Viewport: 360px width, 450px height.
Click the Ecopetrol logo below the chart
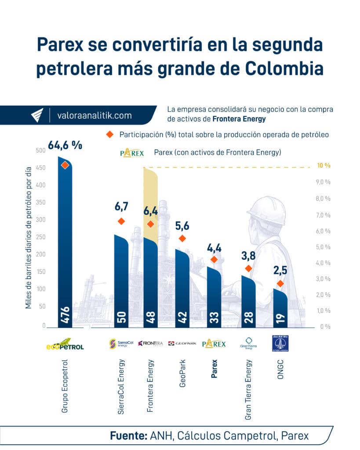point(65,345)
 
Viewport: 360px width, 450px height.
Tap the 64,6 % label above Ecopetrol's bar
point(65,145)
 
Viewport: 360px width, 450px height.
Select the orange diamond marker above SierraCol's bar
point(122,221)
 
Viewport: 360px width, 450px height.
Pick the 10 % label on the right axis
point(323,166)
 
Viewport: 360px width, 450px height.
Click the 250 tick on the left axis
point(40,237)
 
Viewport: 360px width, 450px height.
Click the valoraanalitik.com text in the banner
point(95,116)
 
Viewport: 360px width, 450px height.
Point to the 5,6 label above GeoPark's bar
point(182,225)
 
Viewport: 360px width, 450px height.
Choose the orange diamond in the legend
point(109,134)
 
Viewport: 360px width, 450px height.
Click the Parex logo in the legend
point(131,153)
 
